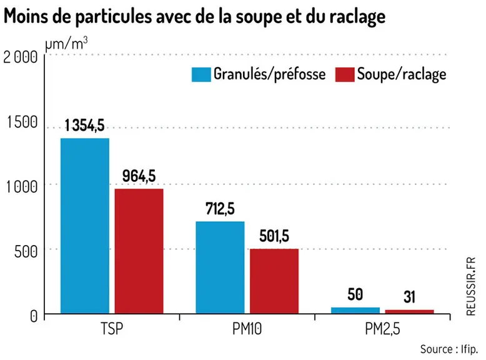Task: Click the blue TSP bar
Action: (85, 226)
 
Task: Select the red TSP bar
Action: (139, 251)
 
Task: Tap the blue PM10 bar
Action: (220, 267)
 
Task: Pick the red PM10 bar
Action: (274, 281)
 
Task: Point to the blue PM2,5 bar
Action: (355, 311)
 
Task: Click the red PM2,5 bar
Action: (409, 312)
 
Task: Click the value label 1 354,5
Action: (84, 125)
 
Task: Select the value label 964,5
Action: (139, 176)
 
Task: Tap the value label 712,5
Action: (220, 208)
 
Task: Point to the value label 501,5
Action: (274, 236)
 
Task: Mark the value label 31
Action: (409, 297)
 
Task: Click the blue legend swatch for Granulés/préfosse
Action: (201, 74)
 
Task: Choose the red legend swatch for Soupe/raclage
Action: (345, 74)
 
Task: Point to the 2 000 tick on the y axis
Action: (21, 57)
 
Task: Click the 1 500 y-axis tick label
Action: (22, 122)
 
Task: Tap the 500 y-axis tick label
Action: (26, 251)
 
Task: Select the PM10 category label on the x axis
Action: (247, 329)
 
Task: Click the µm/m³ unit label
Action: (66, 43)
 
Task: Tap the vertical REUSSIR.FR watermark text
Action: (470, 286)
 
